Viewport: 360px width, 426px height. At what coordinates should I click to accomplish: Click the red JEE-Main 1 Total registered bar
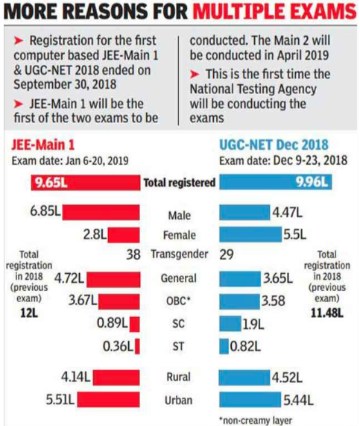click(86, 183)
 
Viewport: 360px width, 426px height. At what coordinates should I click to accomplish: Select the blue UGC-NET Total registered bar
click(275, 182)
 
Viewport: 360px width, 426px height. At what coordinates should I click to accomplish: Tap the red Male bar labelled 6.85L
click(101, 212)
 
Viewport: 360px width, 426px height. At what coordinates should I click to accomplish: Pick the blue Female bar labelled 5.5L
click(250, 234)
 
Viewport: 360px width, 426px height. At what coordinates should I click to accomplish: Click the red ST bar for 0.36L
click(137, 346)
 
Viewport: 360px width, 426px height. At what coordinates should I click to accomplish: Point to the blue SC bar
click(230, 323)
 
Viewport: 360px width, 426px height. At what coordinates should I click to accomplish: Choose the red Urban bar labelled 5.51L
click(108, 399)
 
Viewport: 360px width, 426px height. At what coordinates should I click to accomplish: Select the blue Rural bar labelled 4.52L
click(244, 378)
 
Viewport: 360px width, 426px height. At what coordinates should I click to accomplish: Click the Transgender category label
click(180, 254)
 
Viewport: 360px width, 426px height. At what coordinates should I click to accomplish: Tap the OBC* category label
click(178, 301)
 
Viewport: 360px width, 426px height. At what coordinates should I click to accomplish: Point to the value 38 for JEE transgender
click(133, 254)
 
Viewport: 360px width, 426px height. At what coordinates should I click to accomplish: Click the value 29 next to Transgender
click(227, 254)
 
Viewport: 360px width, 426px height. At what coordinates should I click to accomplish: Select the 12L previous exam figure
click(29, 313)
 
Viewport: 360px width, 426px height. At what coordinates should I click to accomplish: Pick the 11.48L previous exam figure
click(327, 313)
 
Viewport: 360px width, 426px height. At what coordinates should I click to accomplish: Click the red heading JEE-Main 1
click(43, 145)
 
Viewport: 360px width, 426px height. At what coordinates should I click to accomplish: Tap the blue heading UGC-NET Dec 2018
click(274, 145)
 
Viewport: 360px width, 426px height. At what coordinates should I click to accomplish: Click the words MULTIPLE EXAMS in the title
click(274, 11)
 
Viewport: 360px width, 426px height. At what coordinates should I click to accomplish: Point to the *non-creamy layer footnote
click(256, 420)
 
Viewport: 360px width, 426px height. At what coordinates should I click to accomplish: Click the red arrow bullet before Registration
click(19, 41)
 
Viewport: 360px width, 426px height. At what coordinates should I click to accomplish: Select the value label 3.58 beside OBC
click(273, 301)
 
